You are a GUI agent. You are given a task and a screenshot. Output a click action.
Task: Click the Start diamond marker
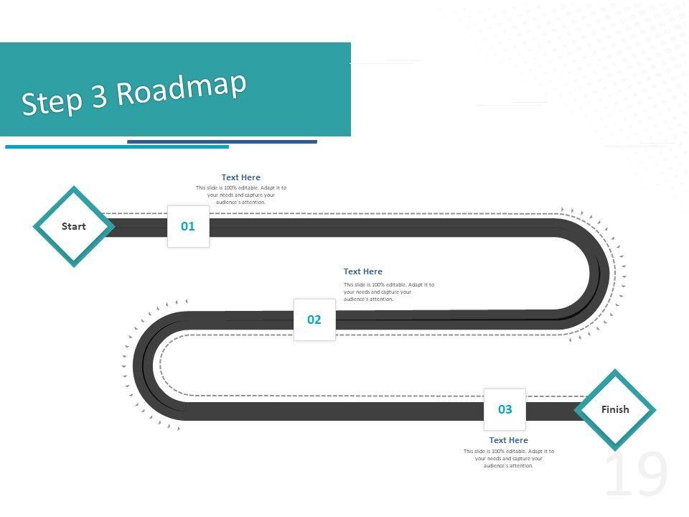[73, 226]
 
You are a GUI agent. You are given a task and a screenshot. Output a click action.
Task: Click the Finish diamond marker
[615, 410]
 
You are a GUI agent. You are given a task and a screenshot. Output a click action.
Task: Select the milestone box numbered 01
[188, 226]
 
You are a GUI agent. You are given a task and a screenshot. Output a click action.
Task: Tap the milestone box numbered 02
[314, 320]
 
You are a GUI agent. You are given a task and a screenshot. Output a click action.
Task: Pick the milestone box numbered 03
[505, 409]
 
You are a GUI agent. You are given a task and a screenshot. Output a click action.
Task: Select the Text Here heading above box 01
[240, 177]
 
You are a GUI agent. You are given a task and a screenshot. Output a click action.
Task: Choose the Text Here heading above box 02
[362, 271]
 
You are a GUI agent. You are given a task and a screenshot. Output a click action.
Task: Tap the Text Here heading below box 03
[508, 440]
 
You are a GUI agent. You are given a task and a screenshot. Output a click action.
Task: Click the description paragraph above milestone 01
[240, 195]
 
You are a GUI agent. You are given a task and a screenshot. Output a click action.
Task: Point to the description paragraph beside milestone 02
[388, 292]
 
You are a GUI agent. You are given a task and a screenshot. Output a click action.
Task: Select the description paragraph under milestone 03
[508, 458]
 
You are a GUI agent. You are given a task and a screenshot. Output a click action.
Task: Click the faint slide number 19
[636, 475]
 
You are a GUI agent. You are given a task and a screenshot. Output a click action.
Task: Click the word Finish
[615, 410]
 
